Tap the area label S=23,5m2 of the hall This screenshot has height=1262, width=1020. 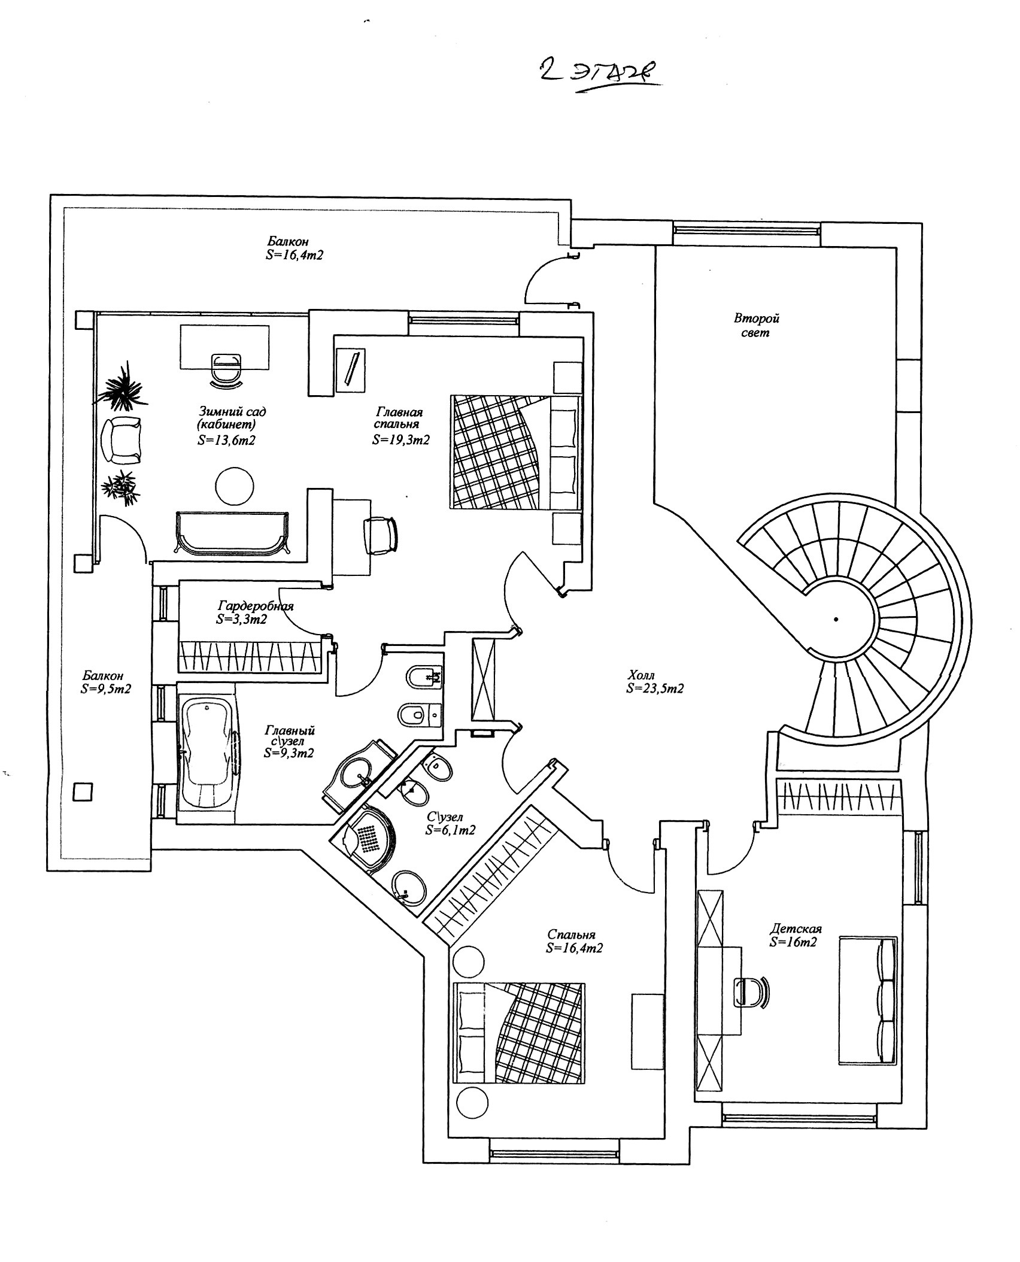click(x=655, y=689)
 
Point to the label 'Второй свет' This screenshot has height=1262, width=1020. click(x=756, y=326)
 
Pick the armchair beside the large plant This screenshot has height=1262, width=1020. click(x=124, y=440)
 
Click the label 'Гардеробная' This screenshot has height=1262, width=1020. click(x=256, y=605)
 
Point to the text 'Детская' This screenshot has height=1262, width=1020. click(x=796, y=929)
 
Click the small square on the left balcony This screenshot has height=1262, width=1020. click(x=83, y=792)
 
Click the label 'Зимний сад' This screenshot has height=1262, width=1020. click(x=232, y=412)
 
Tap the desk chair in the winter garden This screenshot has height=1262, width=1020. click(x=226, y=366)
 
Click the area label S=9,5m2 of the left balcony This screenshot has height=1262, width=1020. click(x=106, y=688)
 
